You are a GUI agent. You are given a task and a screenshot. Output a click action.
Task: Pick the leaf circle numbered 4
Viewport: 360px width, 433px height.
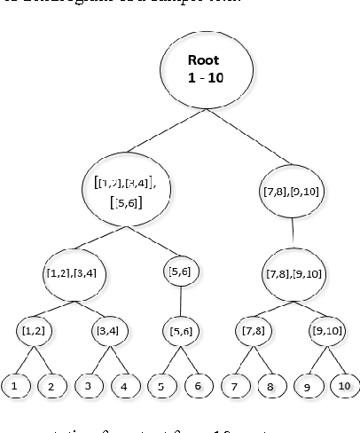pos(125,387)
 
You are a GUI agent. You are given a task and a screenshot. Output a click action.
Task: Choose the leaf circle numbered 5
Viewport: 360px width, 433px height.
pos(162,387)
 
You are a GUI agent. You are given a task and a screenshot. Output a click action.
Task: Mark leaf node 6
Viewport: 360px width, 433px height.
pos(197,387)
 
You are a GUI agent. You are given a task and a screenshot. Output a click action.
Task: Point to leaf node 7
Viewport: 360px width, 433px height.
pos(236,387)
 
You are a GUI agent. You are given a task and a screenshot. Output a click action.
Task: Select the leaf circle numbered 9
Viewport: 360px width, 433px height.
pos(308,387)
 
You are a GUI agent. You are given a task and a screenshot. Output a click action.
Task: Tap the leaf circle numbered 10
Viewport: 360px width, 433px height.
pos(343,386)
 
